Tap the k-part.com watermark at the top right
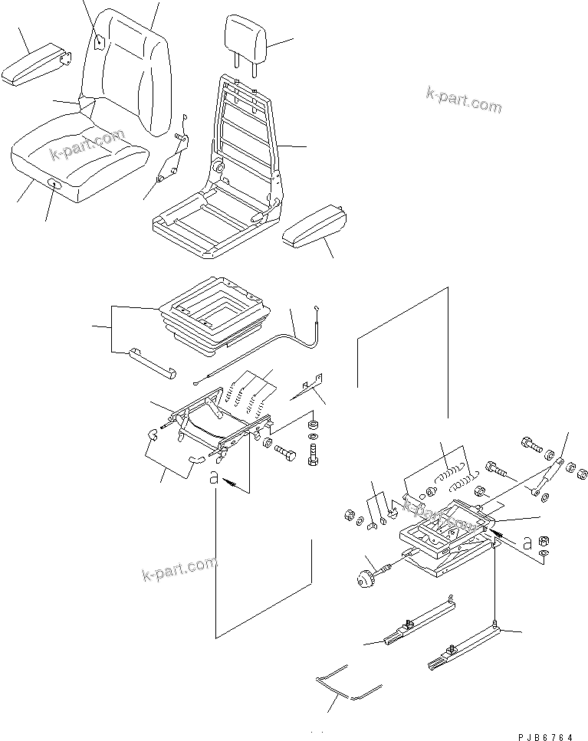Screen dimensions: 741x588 (463, 99)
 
